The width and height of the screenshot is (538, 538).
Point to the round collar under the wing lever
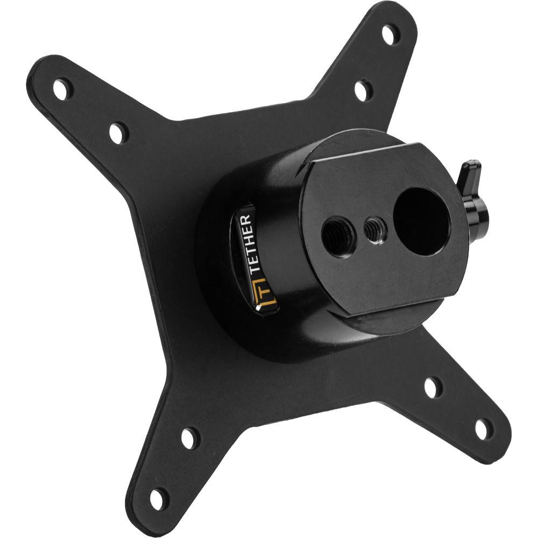pyautogui.click(x=476, y=208)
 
